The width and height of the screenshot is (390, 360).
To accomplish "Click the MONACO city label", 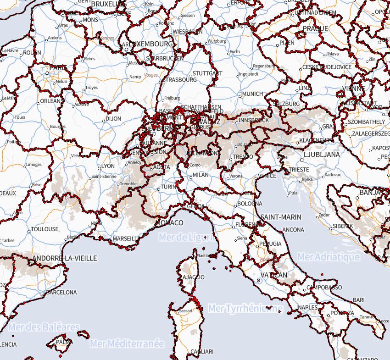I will coord(170,222).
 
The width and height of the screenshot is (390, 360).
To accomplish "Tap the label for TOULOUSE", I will coord(45,229).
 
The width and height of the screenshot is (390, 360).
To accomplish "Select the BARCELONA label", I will coord(61,292).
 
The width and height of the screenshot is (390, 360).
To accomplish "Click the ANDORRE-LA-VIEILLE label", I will coord(65,258).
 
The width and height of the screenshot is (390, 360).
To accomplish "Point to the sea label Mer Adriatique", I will coord(328,257).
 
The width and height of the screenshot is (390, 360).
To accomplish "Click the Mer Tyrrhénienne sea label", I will coord(245,308).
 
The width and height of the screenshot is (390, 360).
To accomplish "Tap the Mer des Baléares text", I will coord(43,327).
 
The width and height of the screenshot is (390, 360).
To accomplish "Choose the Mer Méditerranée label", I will coord(127,343).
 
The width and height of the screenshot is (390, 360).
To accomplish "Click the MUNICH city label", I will coord(252,94).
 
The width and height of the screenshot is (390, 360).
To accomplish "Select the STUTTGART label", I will coord(207,73).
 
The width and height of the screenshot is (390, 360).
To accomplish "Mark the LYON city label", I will coord(108,166).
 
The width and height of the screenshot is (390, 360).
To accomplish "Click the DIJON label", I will coord(113,118).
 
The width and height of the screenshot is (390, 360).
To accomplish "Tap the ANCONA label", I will coord(293,229).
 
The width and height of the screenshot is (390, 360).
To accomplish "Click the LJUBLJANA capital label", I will coord(322,155).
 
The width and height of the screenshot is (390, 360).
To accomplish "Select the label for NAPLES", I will coord(307,307).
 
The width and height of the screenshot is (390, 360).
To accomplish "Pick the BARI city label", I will coord(359,300).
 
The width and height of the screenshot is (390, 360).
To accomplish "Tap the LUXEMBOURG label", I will coord(151,44).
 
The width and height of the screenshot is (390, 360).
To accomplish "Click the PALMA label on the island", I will coord(64,342).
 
